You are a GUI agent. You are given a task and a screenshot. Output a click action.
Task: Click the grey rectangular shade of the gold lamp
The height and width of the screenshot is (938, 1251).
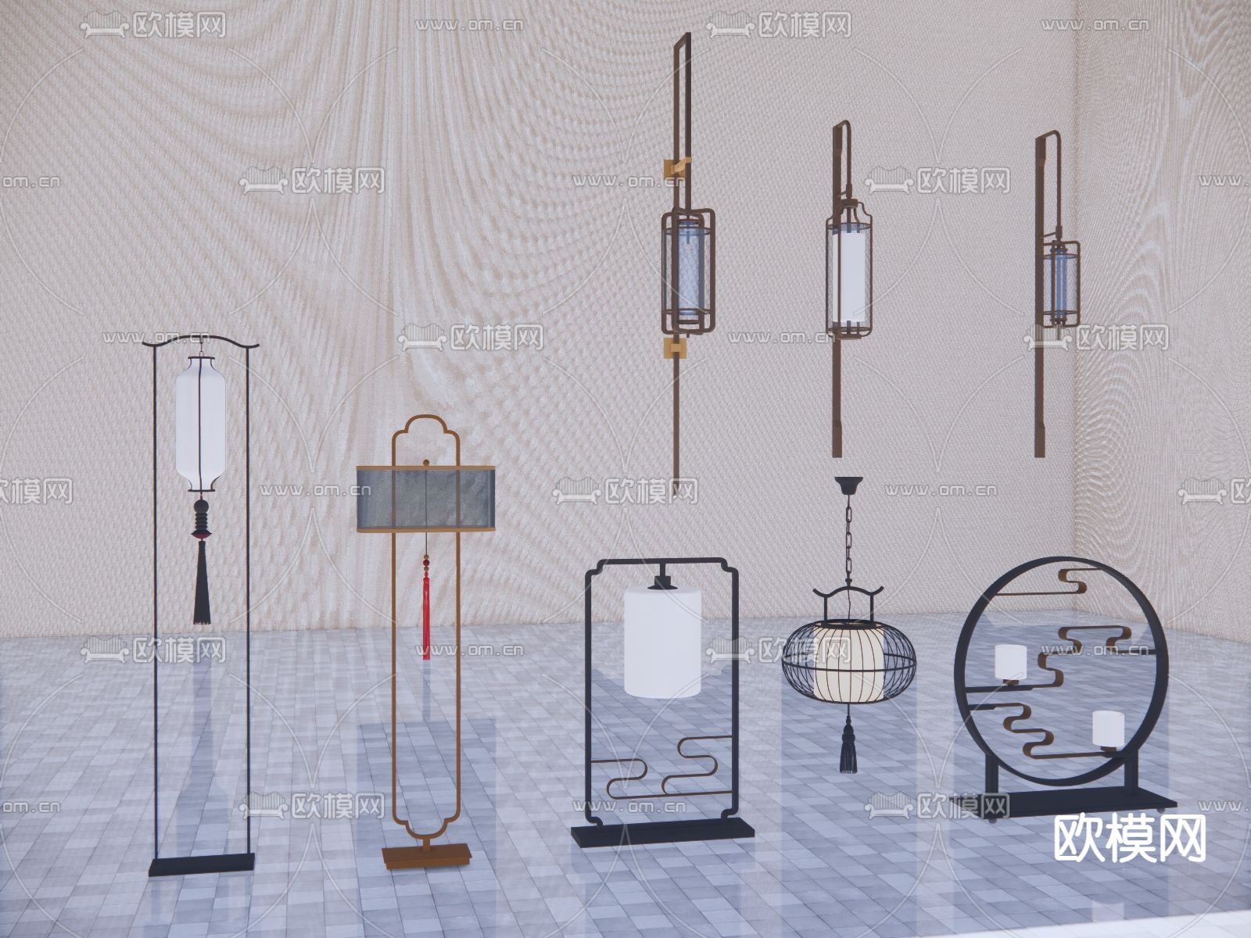pos(428,498)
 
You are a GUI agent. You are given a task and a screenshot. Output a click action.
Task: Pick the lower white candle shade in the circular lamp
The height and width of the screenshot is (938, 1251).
pos(1109,729)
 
